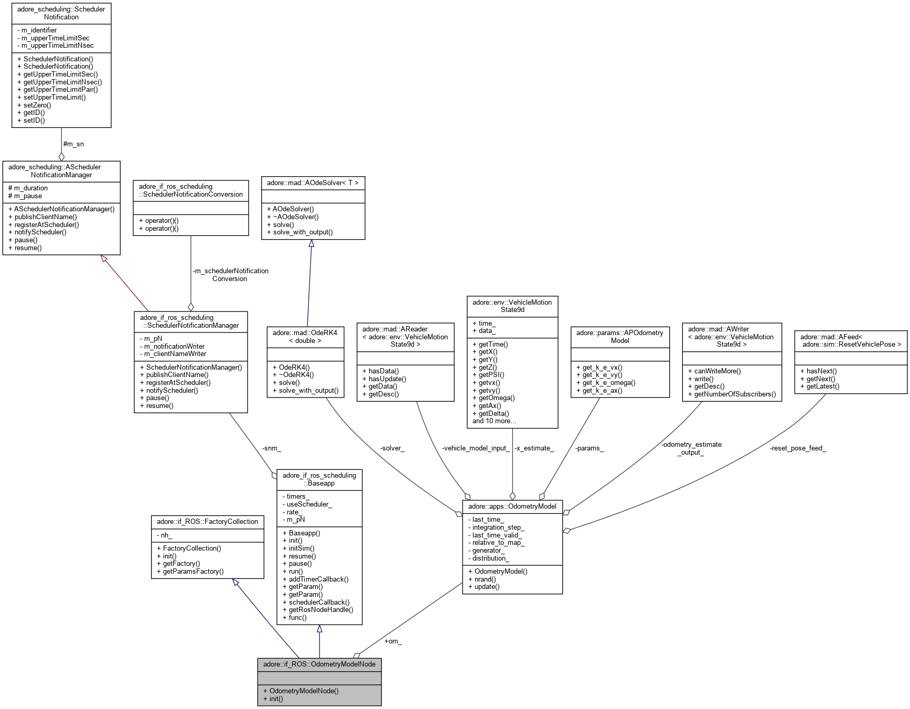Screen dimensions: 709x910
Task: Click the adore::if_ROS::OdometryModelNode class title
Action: pyautogui.click(x=319, y=664)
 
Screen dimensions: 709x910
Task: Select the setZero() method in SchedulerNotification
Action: pyautogui.click(x=37, y=105)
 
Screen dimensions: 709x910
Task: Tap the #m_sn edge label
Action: pyautogui.click(x=73, y=144)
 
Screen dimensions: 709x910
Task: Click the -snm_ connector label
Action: pyautogui.click(x=271, y=448)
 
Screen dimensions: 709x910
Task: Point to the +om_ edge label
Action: pyautogui.click(x=393, y=641)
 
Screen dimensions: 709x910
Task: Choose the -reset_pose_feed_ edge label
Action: pyautogui.click(x=798, y=448)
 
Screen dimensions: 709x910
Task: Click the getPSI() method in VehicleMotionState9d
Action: pyautogui.click(x=491, y=374)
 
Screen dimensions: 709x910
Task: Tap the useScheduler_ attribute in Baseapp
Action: pyautogui.click(x=309, y=504)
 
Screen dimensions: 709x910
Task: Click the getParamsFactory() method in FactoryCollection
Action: pyautogui.click(x=193, y=571)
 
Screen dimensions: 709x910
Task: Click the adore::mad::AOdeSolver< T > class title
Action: pyautogui.click(x=313, y=182)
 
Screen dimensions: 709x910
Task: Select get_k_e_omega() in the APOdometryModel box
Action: pyautogui.click(x=608, y=382)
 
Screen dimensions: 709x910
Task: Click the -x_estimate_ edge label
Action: pyautogui.click(x=534, y=448)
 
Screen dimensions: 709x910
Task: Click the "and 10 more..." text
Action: pyautogui.click(x=494, y=421)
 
